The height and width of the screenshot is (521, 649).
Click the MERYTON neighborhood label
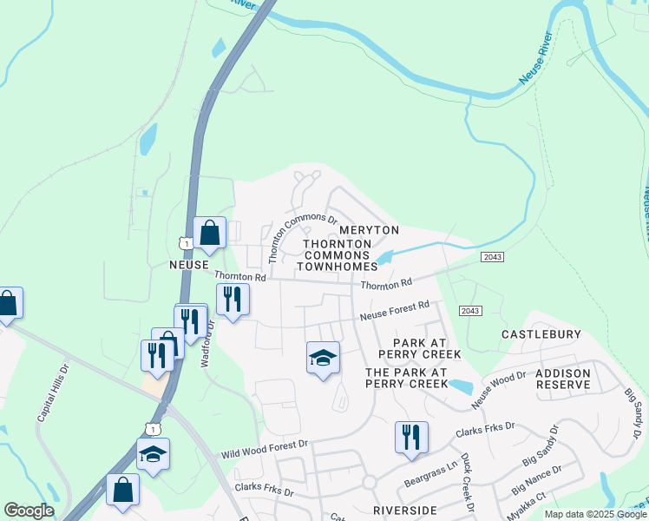pyautogui.click(x=369, y=230)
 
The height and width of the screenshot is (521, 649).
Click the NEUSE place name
pyautogui.click(x=189, y=264)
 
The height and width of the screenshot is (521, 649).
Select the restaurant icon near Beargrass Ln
pyautogui.click(x=411, y=437)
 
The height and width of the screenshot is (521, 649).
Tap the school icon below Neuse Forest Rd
pyautogui.click(x=323, y=358)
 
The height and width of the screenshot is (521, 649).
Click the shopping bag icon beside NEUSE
pyautogui.click(x=209, y=232)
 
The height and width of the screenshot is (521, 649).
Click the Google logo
pyautogui.click(x=29, y=511)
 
